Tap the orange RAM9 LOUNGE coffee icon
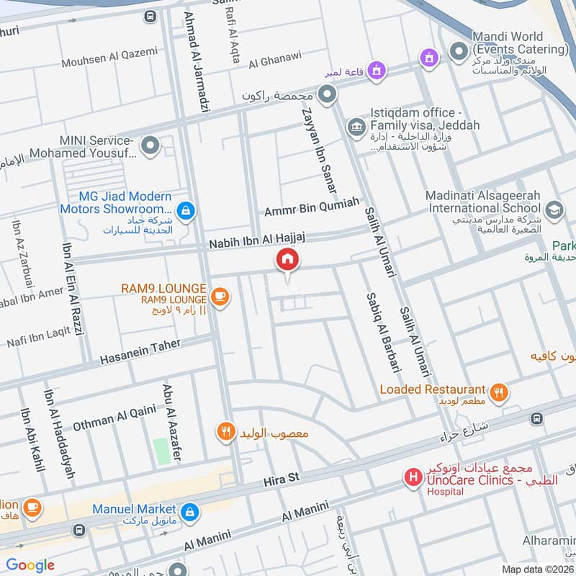[220, 296]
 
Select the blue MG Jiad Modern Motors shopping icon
[186, 210]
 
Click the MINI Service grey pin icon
[150, 146]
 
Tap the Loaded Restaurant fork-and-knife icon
[498, 393]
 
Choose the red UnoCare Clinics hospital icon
[413, 477]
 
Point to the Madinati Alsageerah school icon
[554, 210]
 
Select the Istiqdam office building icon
[355, 127]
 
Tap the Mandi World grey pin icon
[459, 51]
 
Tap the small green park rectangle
[161, 450]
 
